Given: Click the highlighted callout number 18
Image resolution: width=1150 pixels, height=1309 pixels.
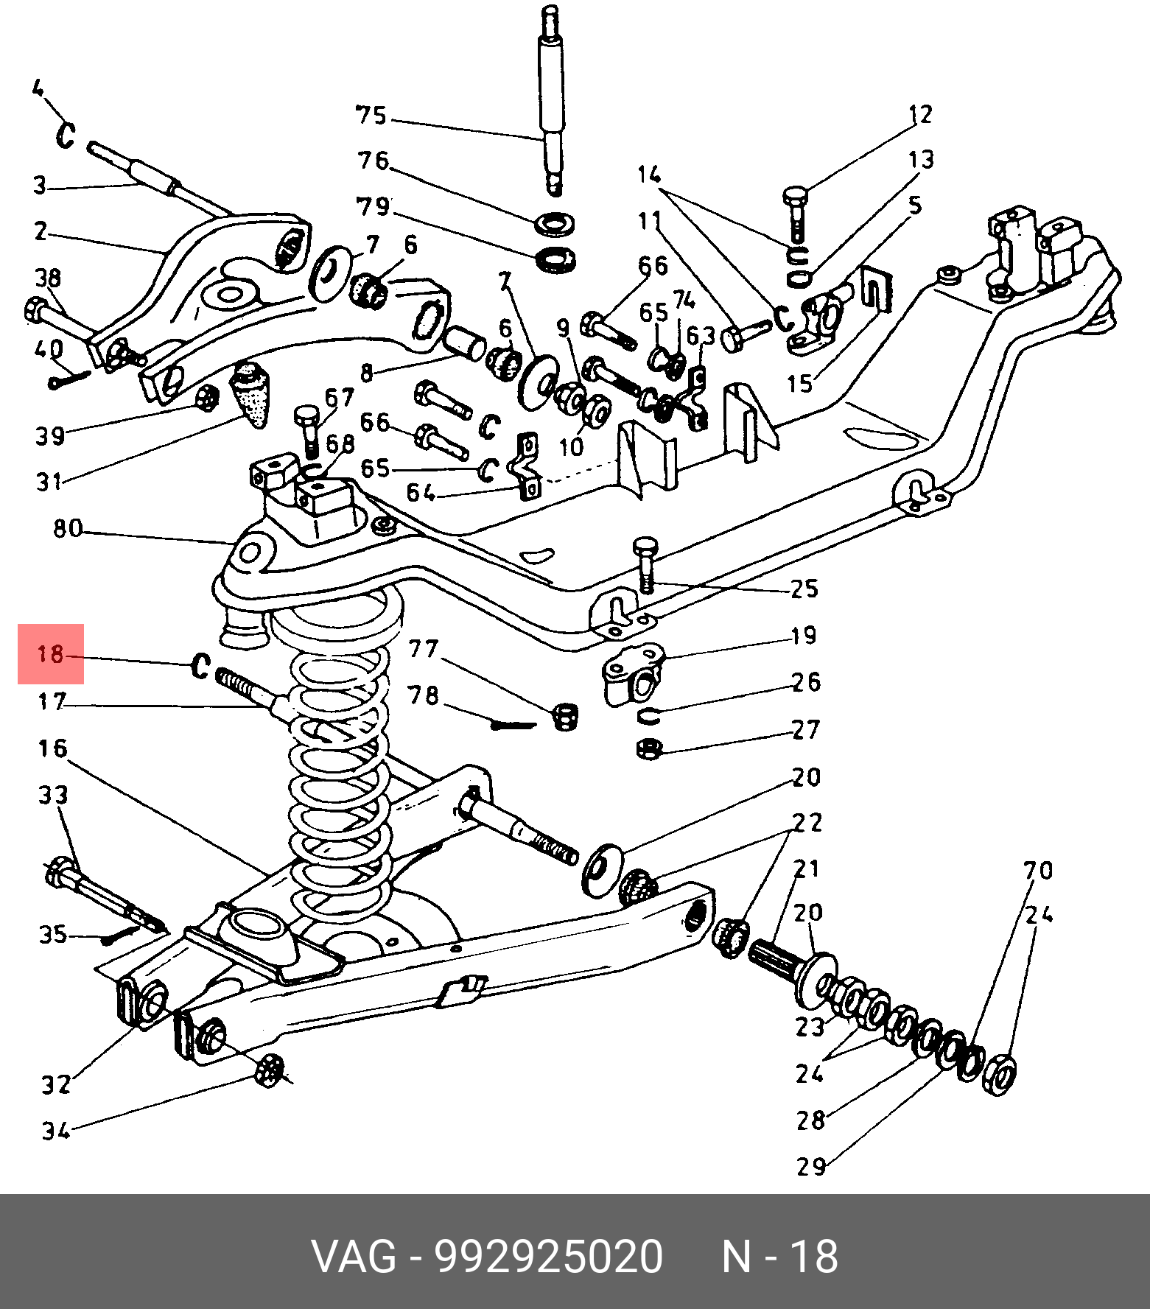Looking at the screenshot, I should click(51, 653).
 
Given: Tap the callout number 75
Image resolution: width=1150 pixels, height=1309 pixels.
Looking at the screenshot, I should click(371, 116).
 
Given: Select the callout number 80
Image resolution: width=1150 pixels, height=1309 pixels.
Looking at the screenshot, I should click(68, 529).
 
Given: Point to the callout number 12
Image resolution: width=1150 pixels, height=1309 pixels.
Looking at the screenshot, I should click(921, 114).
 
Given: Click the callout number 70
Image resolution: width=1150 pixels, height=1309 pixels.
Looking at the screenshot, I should click(1038, 871).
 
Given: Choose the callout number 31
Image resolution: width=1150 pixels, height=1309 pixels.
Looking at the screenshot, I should click(50, 482).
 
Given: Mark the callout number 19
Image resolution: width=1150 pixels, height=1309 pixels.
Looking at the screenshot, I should click(804, 636).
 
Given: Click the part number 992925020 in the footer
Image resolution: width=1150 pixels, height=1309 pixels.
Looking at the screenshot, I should click(549, 1257).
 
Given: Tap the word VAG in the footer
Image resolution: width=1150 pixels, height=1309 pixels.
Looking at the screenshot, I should click(354, 1257).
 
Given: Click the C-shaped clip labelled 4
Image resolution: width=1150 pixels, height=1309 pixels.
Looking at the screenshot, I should click(66, 135).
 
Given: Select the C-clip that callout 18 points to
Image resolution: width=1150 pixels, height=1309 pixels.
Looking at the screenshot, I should click(200, 666).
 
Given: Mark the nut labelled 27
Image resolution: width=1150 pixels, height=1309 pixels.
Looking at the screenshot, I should click(648, 750).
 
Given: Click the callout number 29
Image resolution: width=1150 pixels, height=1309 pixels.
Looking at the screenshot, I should click(811, 1166).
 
